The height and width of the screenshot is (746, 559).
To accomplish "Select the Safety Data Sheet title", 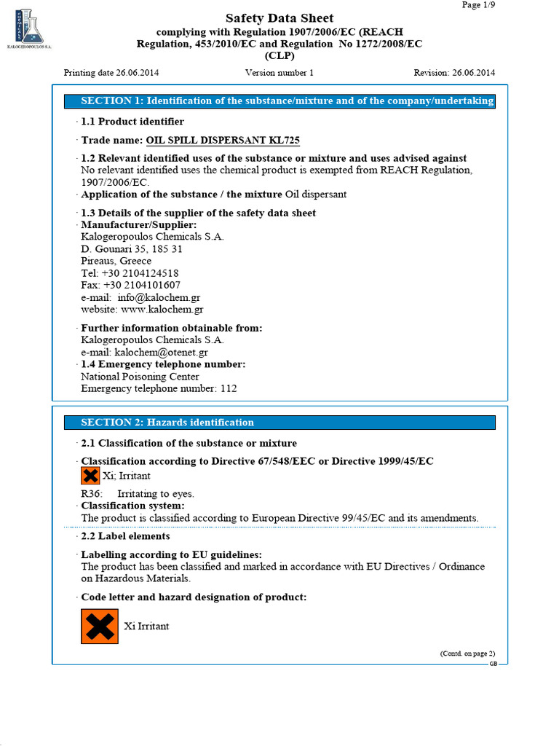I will pos(279,18).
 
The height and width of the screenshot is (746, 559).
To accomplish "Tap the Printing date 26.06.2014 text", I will pos(111,73).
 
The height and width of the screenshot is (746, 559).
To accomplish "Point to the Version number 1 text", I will pos(279,73).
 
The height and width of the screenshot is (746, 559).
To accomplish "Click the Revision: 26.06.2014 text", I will pos(454,73).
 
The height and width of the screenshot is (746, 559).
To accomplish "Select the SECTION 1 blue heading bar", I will pos(279,101).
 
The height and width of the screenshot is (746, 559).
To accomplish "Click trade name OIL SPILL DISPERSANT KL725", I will pos(223,140).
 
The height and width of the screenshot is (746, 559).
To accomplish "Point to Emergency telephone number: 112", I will pos(159,388).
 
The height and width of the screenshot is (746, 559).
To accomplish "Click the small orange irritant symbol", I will pos(90,476).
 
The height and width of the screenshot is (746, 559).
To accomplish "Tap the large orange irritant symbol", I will pos(100,626).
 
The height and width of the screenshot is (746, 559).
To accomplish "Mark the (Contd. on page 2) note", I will pos(467,653).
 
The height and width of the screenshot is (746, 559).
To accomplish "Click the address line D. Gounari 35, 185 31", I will pos(132,249).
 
